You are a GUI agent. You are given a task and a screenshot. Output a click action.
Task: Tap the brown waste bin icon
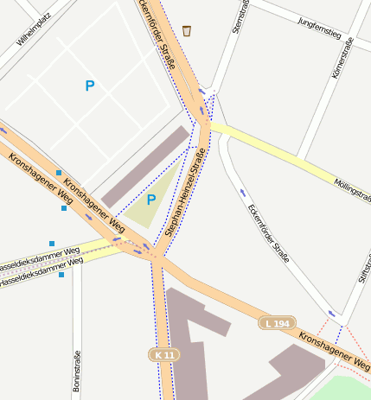coord(187,31)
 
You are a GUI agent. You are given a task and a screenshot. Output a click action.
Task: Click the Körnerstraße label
coord(342,58)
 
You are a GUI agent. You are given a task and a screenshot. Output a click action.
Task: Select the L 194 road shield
coord(277,323)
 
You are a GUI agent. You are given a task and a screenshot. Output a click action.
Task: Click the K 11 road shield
coord(163,355)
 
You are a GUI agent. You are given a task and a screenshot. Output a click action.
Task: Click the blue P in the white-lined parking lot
coord(89,86)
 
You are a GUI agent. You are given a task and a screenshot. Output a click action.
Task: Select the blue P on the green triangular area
coord(150,200)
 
